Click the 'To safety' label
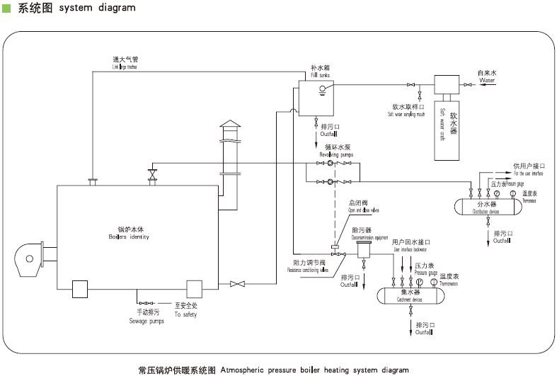click(x=185, y=314)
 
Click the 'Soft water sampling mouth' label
click(x=414, y=113)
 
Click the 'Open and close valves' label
click(x=364, y=210)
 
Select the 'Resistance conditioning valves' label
click(x=311, y=270)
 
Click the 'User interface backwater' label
click(x=410, y=249)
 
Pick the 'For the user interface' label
click(x=528, y=173)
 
